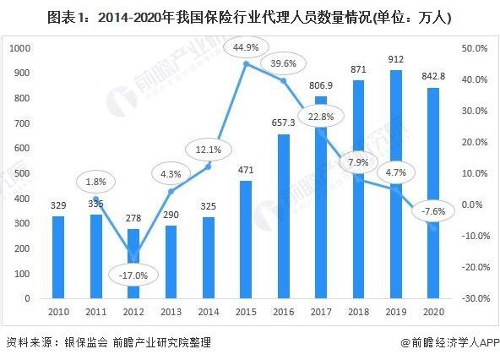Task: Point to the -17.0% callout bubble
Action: tap(130, 275)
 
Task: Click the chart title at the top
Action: tap(249, 14)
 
